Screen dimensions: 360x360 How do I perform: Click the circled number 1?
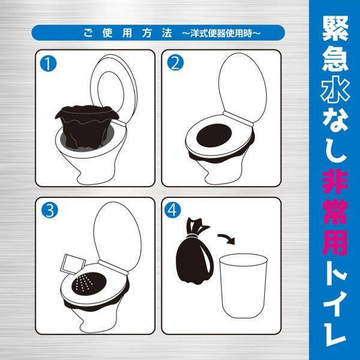48,64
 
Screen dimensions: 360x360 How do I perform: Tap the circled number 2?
175,62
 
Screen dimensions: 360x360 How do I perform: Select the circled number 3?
50,210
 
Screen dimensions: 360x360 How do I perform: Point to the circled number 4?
172,210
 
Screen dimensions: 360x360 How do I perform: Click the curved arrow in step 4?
227,238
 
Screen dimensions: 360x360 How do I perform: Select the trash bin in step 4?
243,286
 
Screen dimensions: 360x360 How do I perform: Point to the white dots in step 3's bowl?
85,283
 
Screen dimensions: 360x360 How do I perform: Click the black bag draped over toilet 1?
86,126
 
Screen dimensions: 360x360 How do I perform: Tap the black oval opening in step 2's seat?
214,135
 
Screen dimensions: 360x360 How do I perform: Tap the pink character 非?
335,181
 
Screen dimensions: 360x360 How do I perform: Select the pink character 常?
335,211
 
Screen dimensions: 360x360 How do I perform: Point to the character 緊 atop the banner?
335,28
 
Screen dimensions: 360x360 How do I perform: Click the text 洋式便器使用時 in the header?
221,34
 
